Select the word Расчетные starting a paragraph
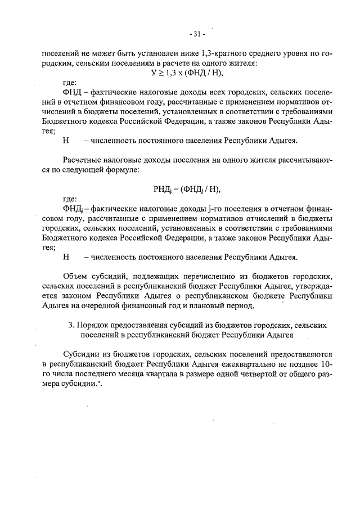pos(83,160)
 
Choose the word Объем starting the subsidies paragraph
pos(76,277)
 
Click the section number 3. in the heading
pos(70,326)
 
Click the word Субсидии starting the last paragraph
pos(83,355)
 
